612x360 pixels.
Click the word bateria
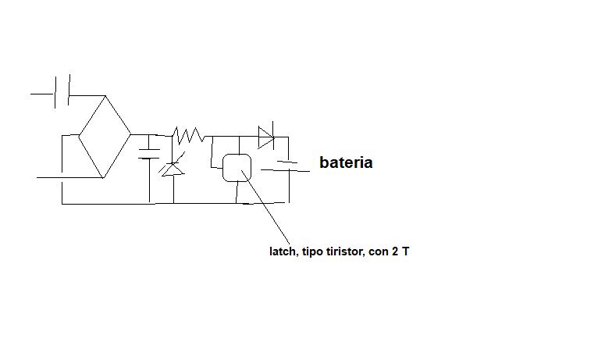(346, 162)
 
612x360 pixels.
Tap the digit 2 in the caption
(395, 251)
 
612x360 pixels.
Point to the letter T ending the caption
(406, 251)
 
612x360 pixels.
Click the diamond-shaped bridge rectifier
(105, 137)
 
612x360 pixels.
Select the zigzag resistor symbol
(189, 135)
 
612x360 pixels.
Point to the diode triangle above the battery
(265, 137)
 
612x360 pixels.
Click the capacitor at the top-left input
(62, 91)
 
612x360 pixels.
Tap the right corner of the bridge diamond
(131, 134)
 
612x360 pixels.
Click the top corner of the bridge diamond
(105, 95)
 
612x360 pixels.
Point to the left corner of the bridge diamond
(79, 136)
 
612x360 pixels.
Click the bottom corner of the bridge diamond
(103, 178)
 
